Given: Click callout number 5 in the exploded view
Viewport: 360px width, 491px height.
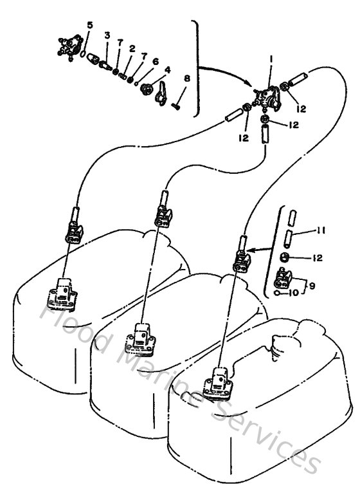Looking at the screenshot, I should pos(89,25).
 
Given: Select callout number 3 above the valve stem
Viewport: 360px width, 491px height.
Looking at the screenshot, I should pos(107,35).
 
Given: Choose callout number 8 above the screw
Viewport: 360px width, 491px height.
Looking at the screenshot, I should pos(187,79).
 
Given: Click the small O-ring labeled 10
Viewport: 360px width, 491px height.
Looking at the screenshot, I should pos(277,293).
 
